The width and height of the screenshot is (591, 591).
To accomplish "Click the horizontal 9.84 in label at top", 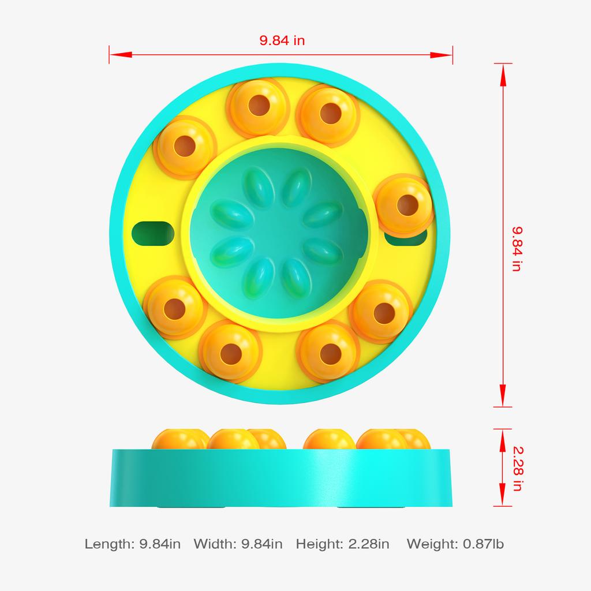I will coord(282,40).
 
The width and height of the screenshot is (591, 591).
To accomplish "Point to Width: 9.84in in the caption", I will coord(238,544).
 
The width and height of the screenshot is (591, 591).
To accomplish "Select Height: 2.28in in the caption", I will coord(342,544).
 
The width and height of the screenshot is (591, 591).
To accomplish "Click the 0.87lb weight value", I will coord(483,544).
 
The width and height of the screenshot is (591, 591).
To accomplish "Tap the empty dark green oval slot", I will coord(153,233).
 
